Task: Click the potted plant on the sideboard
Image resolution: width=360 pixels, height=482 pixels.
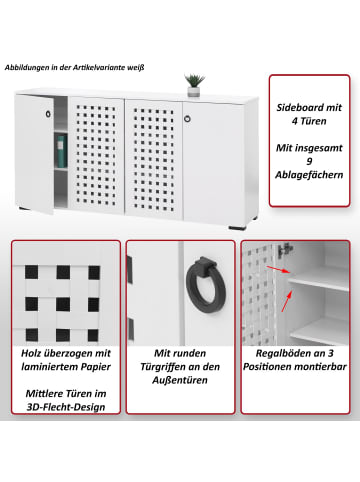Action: [194, 85]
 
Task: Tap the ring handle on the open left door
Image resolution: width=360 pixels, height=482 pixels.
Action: [48, 114]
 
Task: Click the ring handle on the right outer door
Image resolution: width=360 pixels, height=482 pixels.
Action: [187, 119]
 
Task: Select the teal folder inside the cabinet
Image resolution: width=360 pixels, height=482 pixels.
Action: [61, 151]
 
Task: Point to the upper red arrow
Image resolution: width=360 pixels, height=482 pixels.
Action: [277, 270]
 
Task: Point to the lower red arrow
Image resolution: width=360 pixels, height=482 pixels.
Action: [287, 301]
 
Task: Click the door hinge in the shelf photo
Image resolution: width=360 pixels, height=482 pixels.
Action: [286, 249]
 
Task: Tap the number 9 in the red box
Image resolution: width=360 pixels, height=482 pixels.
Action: [309, 161]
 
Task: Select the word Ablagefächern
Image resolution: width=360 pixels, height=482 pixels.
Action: [309, 175]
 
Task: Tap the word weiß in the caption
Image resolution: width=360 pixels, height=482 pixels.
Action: [137, 68]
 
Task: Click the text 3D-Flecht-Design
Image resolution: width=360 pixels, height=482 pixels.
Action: [66, 407]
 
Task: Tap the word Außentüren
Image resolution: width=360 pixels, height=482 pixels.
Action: [180, 380]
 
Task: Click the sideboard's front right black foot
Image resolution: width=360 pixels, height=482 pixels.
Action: [237, 228]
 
